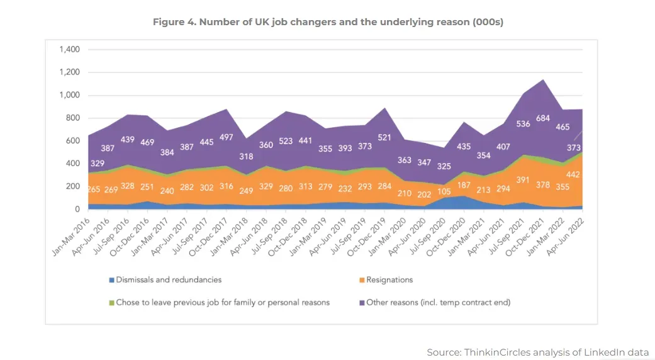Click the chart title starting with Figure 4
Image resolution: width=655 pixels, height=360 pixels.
click(328, 22)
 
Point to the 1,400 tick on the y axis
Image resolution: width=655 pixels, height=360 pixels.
click(69, 49)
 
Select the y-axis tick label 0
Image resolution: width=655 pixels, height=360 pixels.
click(77, 209)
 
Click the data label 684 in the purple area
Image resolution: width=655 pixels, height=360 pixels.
click(542, 118)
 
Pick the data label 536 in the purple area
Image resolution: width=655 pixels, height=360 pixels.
click(523, 123)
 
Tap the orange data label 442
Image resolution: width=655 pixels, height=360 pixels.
click(573, 174)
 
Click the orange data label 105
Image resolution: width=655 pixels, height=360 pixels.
click(444, 191)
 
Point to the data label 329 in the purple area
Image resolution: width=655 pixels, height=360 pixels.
click(98, 163)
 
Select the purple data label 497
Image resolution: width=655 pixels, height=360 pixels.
click(226, 137)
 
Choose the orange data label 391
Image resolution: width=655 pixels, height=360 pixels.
click(523, 180)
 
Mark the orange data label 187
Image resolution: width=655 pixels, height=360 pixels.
click(464, 185)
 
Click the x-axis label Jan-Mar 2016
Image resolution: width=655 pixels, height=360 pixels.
click(70, 237)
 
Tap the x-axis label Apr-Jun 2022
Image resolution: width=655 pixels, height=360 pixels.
click(565, 237)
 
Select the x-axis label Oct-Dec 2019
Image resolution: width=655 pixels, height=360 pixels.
click(366, 237)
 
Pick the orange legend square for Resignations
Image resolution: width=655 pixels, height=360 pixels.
click(362, 280)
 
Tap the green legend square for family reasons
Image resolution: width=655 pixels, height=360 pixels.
click(111, 303)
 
